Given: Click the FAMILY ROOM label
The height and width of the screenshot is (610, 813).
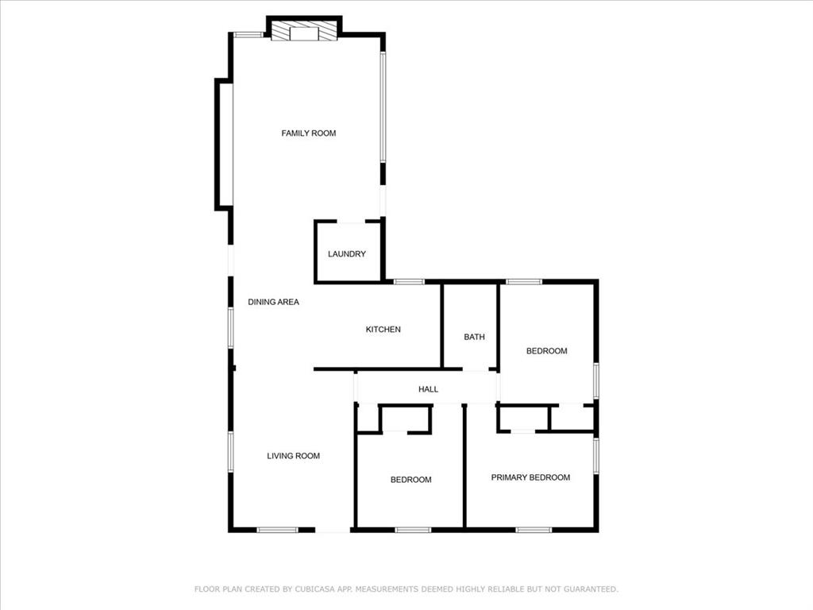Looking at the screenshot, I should pos(309,133).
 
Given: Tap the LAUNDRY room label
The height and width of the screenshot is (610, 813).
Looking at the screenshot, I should pos(347,254).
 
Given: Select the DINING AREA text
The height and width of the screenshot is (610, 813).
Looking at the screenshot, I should pos(273,302).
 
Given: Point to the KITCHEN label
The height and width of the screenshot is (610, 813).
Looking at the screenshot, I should pos(383,330).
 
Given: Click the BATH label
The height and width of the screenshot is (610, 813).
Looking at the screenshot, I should pos(474,337).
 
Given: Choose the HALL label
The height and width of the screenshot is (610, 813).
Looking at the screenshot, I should pos(428,389).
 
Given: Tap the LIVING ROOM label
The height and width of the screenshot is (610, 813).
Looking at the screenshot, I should pos(293,456).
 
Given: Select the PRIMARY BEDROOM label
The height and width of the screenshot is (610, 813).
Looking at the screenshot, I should pos(530,477).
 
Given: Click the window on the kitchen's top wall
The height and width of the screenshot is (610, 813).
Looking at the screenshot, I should pos(409,281).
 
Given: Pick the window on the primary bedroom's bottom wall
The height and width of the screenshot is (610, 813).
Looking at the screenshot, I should pos(534,529).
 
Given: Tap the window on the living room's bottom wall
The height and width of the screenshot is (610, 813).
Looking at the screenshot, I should pos(277,529).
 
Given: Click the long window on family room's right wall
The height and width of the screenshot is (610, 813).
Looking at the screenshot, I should pos(383,107).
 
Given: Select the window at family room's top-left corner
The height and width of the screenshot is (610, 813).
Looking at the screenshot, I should pos(248,34).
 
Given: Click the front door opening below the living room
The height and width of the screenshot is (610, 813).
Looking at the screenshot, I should pos(333,530).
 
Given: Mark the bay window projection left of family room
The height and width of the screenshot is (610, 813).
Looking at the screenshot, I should pos(224,145).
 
